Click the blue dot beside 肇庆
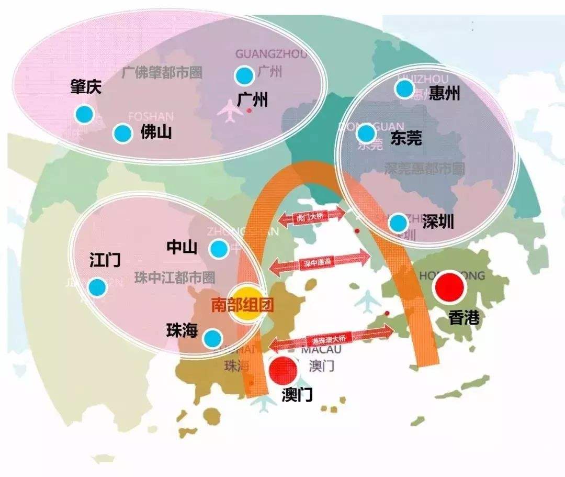[x=84, y=114]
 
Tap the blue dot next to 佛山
[x=122, y=134]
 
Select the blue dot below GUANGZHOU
[x=244, y=76]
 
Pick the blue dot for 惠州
[x=405, y=88]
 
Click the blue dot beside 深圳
[x=398, y=223]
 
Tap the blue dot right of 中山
[x=219, y=248]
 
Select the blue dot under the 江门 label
[x=97, y=286]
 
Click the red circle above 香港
[x=450, y=286]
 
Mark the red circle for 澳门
[x=283, y=371]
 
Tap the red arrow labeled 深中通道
[x=320, y=262]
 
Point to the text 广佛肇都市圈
[x=162, y=72]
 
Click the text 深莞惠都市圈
[x=425, y=169]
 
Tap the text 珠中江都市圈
[x=175, y=278]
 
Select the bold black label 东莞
[x=406, y=138]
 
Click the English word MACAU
[x=321, y=349]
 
